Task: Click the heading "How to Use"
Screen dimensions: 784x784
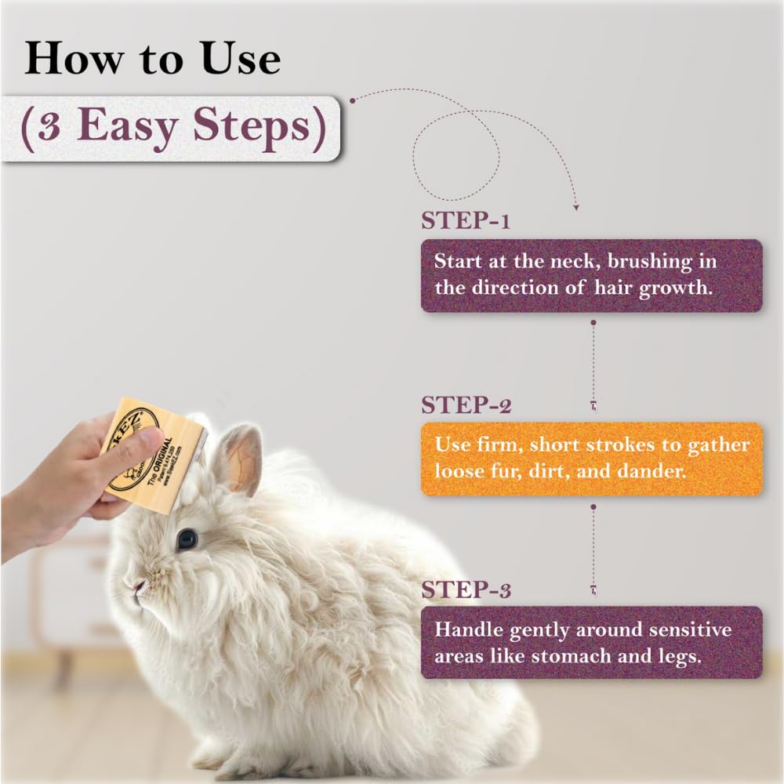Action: pyautogui.click(x=152, y=60)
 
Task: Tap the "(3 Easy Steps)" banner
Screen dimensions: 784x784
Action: pyautogui.click(x=172, y=128)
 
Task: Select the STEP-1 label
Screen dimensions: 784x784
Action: pyautogui.click(x=466, y=221)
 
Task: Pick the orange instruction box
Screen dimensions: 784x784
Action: pyautogui.click(x=592, y=459)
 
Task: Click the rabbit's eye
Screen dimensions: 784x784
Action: pyautogui.click(x=187, y=538)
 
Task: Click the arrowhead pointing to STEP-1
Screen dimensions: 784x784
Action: pyautogui.click(x=576, y=207)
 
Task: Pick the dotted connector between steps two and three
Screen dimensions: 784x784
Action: pyautogui.click(x=593, y=549)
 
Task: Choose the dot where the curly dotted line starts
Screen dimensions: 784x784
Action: pyautogui.click(x=352, y=100)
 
